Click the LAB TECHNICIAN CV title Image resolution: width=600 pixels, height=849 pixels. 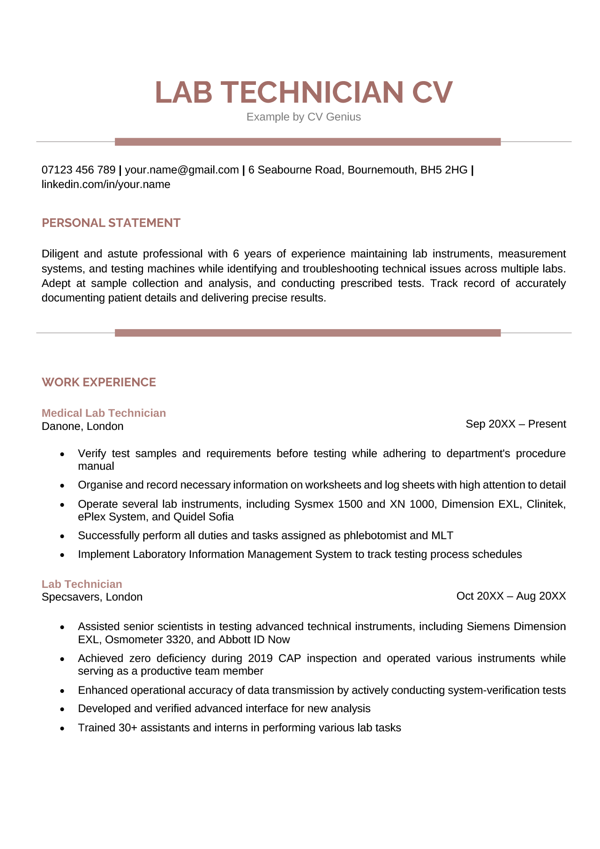(x=303, y=92)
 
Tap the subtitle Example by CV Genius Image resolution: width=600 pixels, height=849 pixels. (x=303, y=117)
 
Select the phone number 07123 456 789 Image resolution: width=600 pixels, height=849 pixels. (x=78, y=170)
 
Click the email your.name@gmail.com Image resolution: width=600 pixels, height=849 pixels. (x=181, y=170)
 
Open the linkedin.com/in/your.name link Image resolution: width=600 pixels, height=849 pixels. (x=105, y=184)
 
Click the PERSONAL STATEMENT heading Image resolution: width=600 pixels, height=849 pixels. (x=111, y=223)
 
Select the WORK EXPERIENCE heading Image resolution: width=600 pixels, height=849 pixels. (x=98, y=382)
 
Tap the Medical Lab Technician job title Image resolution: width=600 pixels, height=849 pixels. (x=104, y=413)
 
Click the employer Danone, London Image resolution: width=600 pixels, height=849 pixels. (x=82, y=426)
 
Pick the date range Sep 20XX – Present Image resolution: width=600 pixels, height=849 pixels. (x=515, y=424)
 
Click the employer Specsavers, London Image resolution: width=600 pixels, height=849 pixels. (x=92, y=597)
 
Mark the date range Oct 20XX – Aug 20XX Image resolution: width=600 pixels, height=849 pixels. (x=510, y=596)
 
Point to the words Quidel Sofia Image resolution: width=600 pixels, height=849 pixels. (x=203, y=517)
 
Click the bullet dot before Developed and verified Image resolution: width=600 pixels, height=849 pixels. (x=62, y=709)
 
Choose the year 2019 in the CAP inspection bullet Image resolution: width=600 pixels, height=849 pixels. (x=261, y=658)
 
